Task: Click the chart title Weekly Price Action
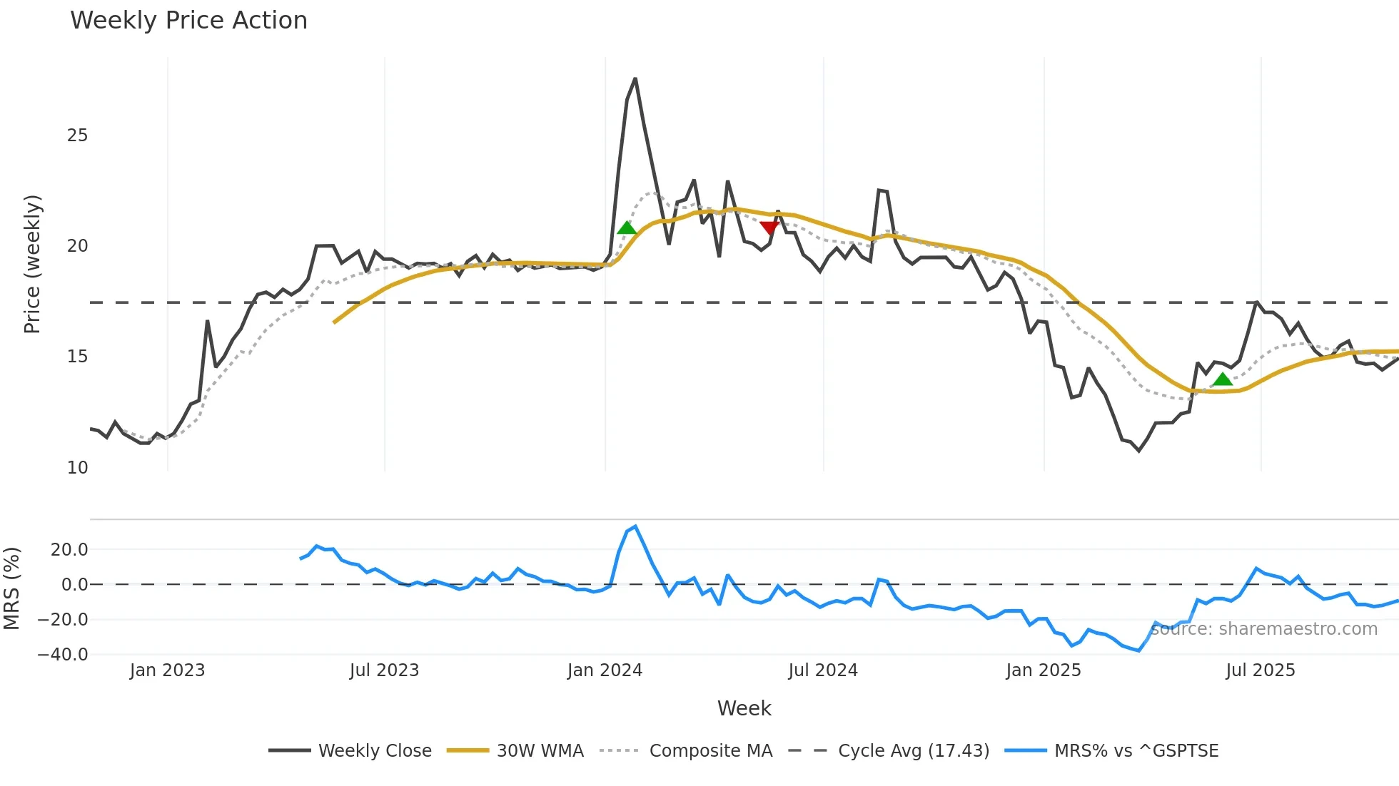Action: pyautogui.click(x=188, y=21)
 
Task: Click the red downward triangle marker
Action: pyautogui.click(x=769, y=228)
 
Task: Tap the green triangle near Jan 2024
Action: pyautogui.click(x=627, y=228)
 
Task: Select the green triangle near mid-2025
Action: pyautogui.click(x=1223, y=379)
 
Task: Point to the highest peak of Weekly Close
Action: pyautogui.click(x=635, y=79)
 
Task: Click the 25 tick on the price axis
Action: pyautogui.click(x=77, y=136)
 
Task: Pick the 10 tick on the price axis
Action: pyautogui.click(x=77, y=468)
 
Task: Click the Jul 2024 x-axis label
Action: pyautogui.click(x=823, y=670)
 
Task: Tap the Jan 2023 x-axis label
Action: pyautogui.click(x=167, y=670)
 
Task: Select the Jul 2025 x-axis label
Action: pyautogui.click(x=1260, y=670)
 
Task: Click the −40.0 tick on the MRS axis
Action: pyautogui.click(x=63, y=655)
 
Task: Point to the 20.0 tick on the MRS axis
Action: pyautogui.click(x=69, y=550)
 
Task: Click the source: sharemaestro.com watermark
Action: pyautogui.click(x=1263, y=629)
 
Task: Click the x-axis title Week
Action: pyautogui.click(x=744, y=708)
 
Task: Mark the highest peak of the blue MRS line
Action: pyautogui.click(x=635, y=527)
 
